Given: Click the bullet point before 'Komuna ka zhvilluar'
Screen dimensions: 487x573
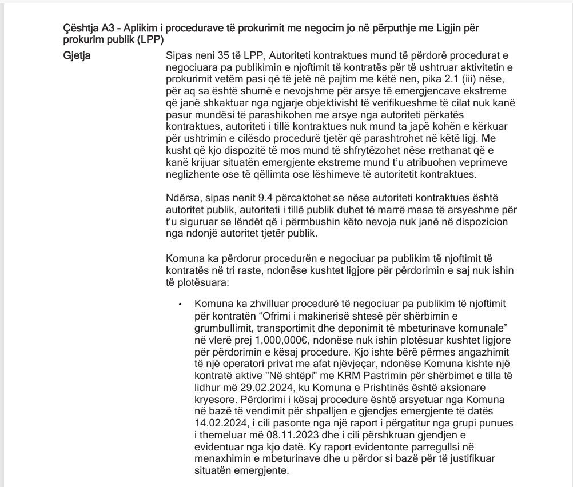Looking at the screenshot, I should pos(180,304).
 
